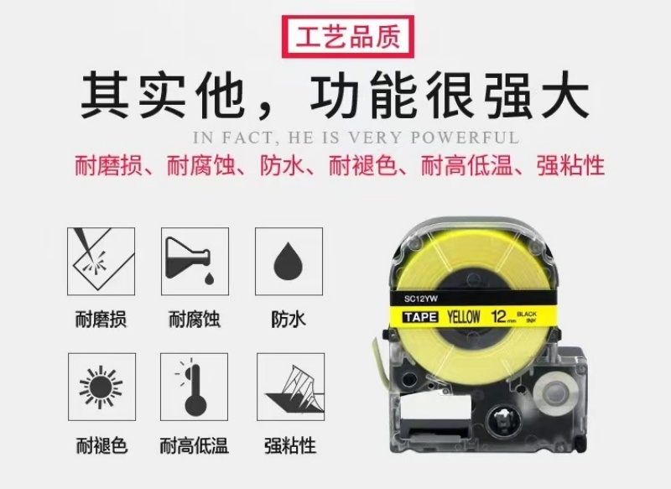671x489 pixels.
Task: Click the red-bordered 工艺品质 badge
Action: [x=348, y=37]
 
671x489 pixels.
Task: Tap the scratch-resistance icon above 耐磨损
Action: [x=101, y=262]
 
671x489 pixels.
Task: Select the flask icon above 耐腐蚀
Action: [x=195, y=262]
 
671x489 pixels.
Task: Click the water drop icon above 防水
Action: [x=289, y=262]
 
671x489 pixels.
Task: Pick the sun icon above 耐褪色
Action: [x=101, y=387]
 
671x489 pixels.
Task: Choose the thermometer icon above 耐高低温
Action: [x=195, y=387]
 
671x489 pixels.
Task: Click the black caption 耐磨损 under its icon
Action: [x=101, y=320]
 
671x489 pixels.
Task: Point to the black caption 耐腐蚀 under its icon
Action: [x=195, y=320]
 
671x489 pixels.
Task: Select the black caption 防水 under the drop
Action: [x=289, y=320]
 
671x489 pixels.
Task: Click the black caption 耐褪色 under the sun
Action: [x=101, y=445]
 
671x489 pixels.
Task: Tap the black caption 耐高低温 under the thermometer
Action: [x=195, y=445]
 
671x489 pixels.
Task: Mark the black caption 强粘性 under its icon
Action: [x=290, y=445]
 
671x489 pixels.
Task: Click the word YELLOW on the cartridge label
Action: [x=464, y=316]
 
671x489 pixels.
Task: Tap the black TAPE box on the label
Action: [x=421, y=317]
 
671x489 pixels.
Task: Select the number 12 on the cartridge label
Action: [x=499, y=316]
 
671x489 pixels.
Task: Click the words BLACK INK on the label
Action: [x=527, y=317]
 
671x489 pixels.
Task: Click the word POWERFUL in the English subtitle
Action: [x=465, y=138]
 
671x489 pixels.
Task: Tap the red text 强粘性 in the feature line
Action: [x=571, y=166]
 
